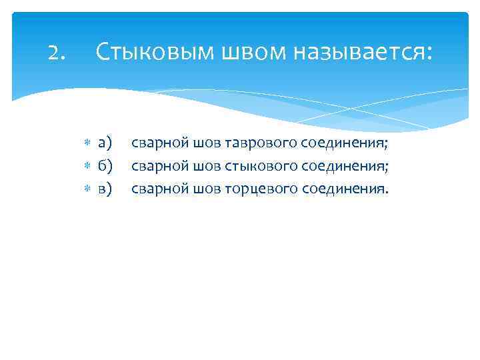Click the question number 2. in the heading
pos(57,52)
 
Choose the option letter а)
pos(105,143)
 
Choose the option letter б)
pos(105,165)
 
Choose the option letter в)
pos(105,189)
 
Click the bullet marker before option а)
pos(87,143)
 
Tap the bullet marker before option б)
pos(87,166)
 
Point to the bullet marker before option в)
pos(87,189)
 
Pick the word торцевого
pos(261,189)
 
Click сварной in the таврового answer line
pos(160,143)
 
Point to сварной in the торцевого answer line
pos(160,189)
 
